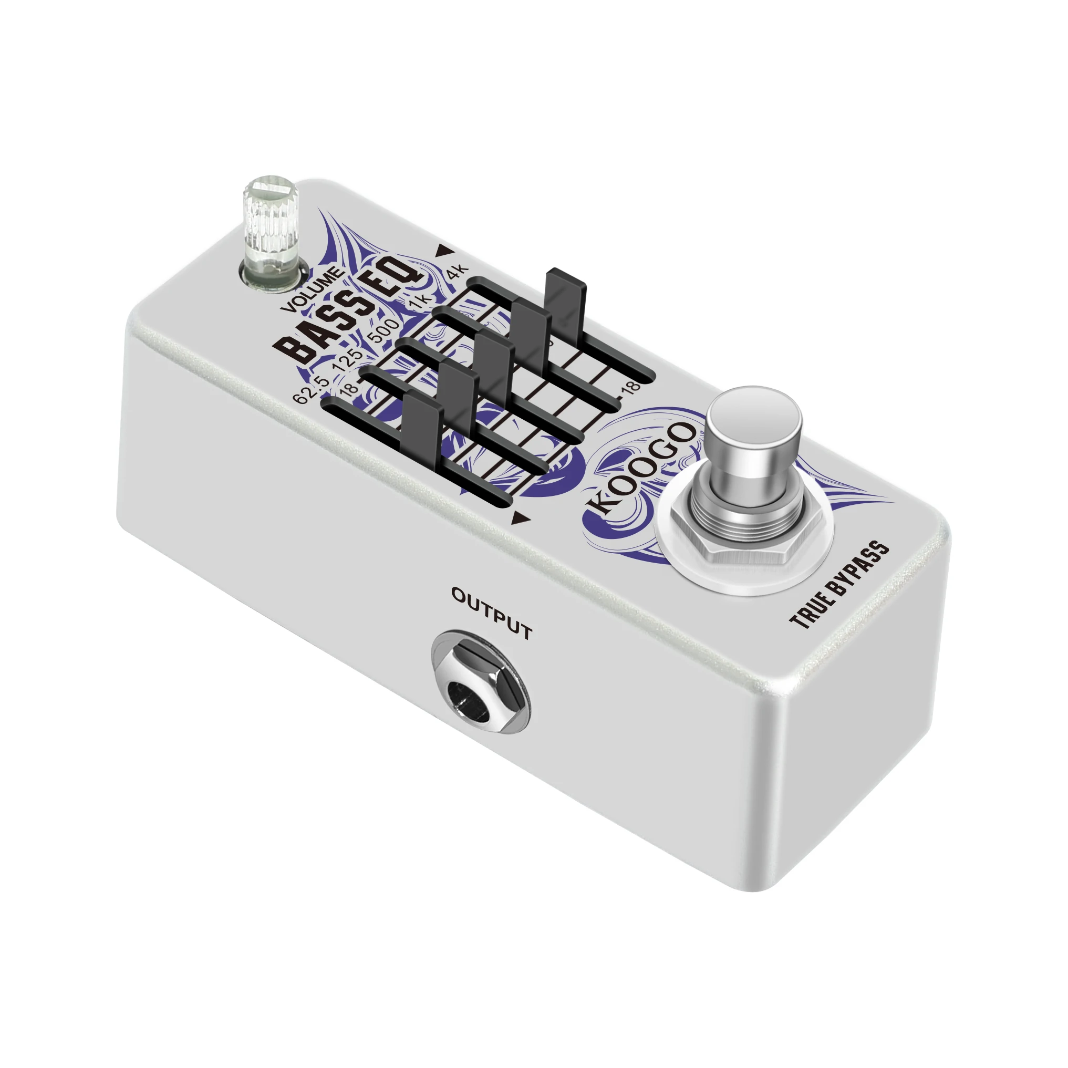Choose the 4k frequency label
[457, 273]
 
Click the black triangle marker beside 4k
[443, 251]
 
